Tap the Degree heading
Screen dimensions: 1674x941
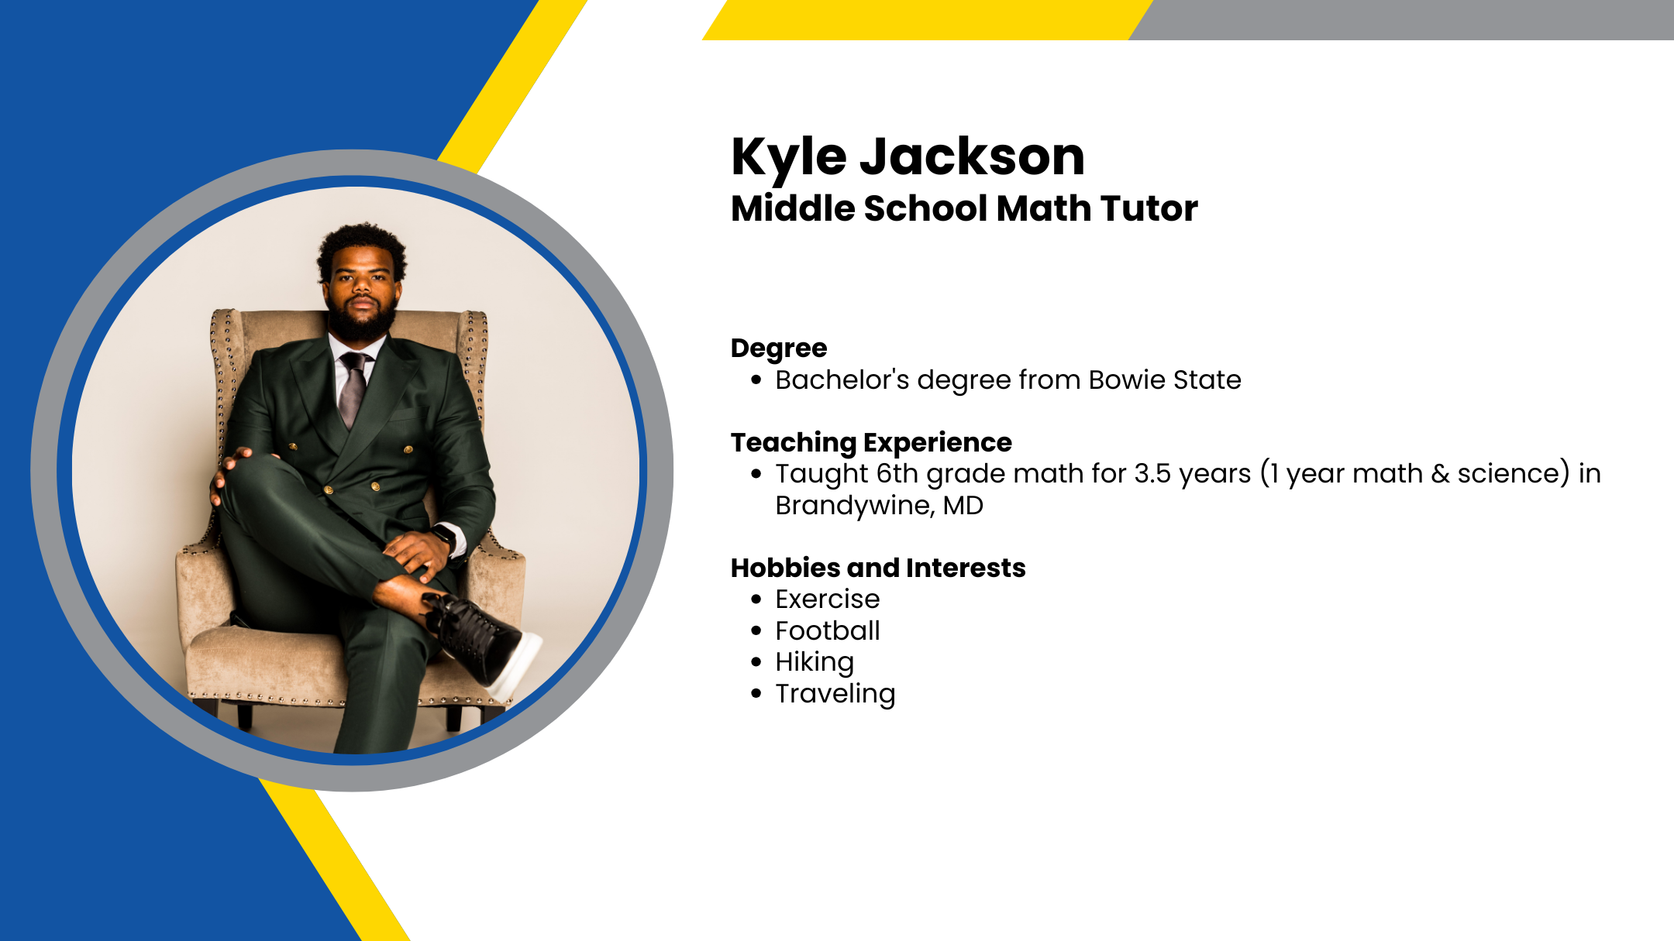(x=779, y=349)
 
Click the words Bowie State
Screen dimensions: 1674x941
(x=1165, y=379)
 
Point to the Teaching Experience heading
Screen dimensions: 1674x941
(x=871, y=443)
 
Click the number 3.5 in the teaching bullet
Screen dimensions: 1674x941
(x=1152, y=473)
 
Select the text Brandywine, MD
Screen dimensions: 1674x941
(x=879, y=505)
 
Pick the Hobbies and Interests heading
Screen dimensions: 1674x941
(x=878, y=568)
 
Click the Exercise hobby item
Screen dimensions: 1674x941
(x=828, y=599)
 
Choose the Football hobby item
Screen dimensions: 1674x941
(x=828, y=630)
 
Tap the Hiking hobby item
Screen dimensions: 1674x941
(x=815, y=663)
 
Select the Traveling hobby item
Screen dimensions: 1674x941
(x=835, y=694)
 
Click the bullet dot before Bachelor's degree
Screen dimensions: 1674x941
(x=756, y=380)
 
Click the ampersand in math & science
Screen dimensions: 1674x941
(x=1440, y=473)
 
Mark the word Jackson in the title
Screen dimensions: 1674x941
(x=973, y=157)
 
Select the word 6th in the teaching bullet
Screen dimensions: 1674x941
(x=897, y=473)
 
